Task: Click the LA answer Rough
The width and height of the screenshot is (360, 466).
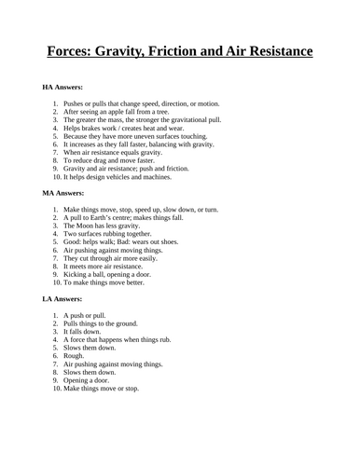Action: coord(76,357)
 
